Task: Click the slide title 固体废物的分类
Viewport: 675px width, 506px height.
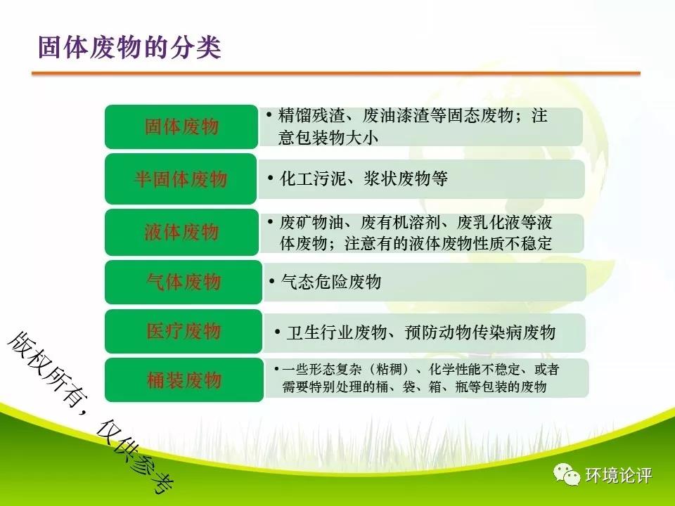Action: tap(129, 47)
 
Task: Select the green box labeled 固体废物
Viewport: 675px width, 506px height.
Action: tap(181, 126)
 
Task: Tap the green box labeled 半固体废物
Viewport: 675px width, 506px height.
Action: tap(181, 179)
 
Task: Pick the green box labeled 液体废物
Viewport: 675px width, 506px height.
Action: tap(181, 232)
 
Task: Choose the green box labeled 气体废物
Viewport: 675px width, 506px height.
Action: tap(184, 282)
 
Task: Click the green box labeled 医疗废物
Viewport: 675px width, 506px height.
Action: tap(184, 331)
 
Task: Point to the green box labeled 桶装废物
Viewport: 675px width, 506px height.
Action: tap(184, 380)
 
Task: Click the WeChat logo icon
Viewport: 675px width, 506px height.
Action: tap(567, 474)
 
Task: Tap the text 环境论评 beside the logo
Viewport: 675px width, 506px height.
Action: tap(619, 476)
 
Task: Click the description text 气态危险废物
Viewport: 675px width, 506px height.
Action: tap(331, 282)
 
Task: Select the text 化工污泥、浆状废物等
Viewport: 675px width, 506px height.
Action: tap(364, 179)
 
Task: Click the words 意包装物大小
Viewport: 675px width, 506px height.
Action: tap(328, 138)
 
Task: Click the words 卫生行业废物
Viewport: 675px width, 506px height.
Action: tap(337, 332)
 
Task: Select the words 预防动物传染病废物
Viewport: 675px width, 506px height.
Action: tap(480, 332)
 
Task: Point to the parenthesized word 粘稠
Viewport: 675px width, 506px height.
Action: tap(392, 369)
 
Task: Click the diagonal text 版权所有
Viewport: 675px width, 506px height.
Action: tap(42, 367)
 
